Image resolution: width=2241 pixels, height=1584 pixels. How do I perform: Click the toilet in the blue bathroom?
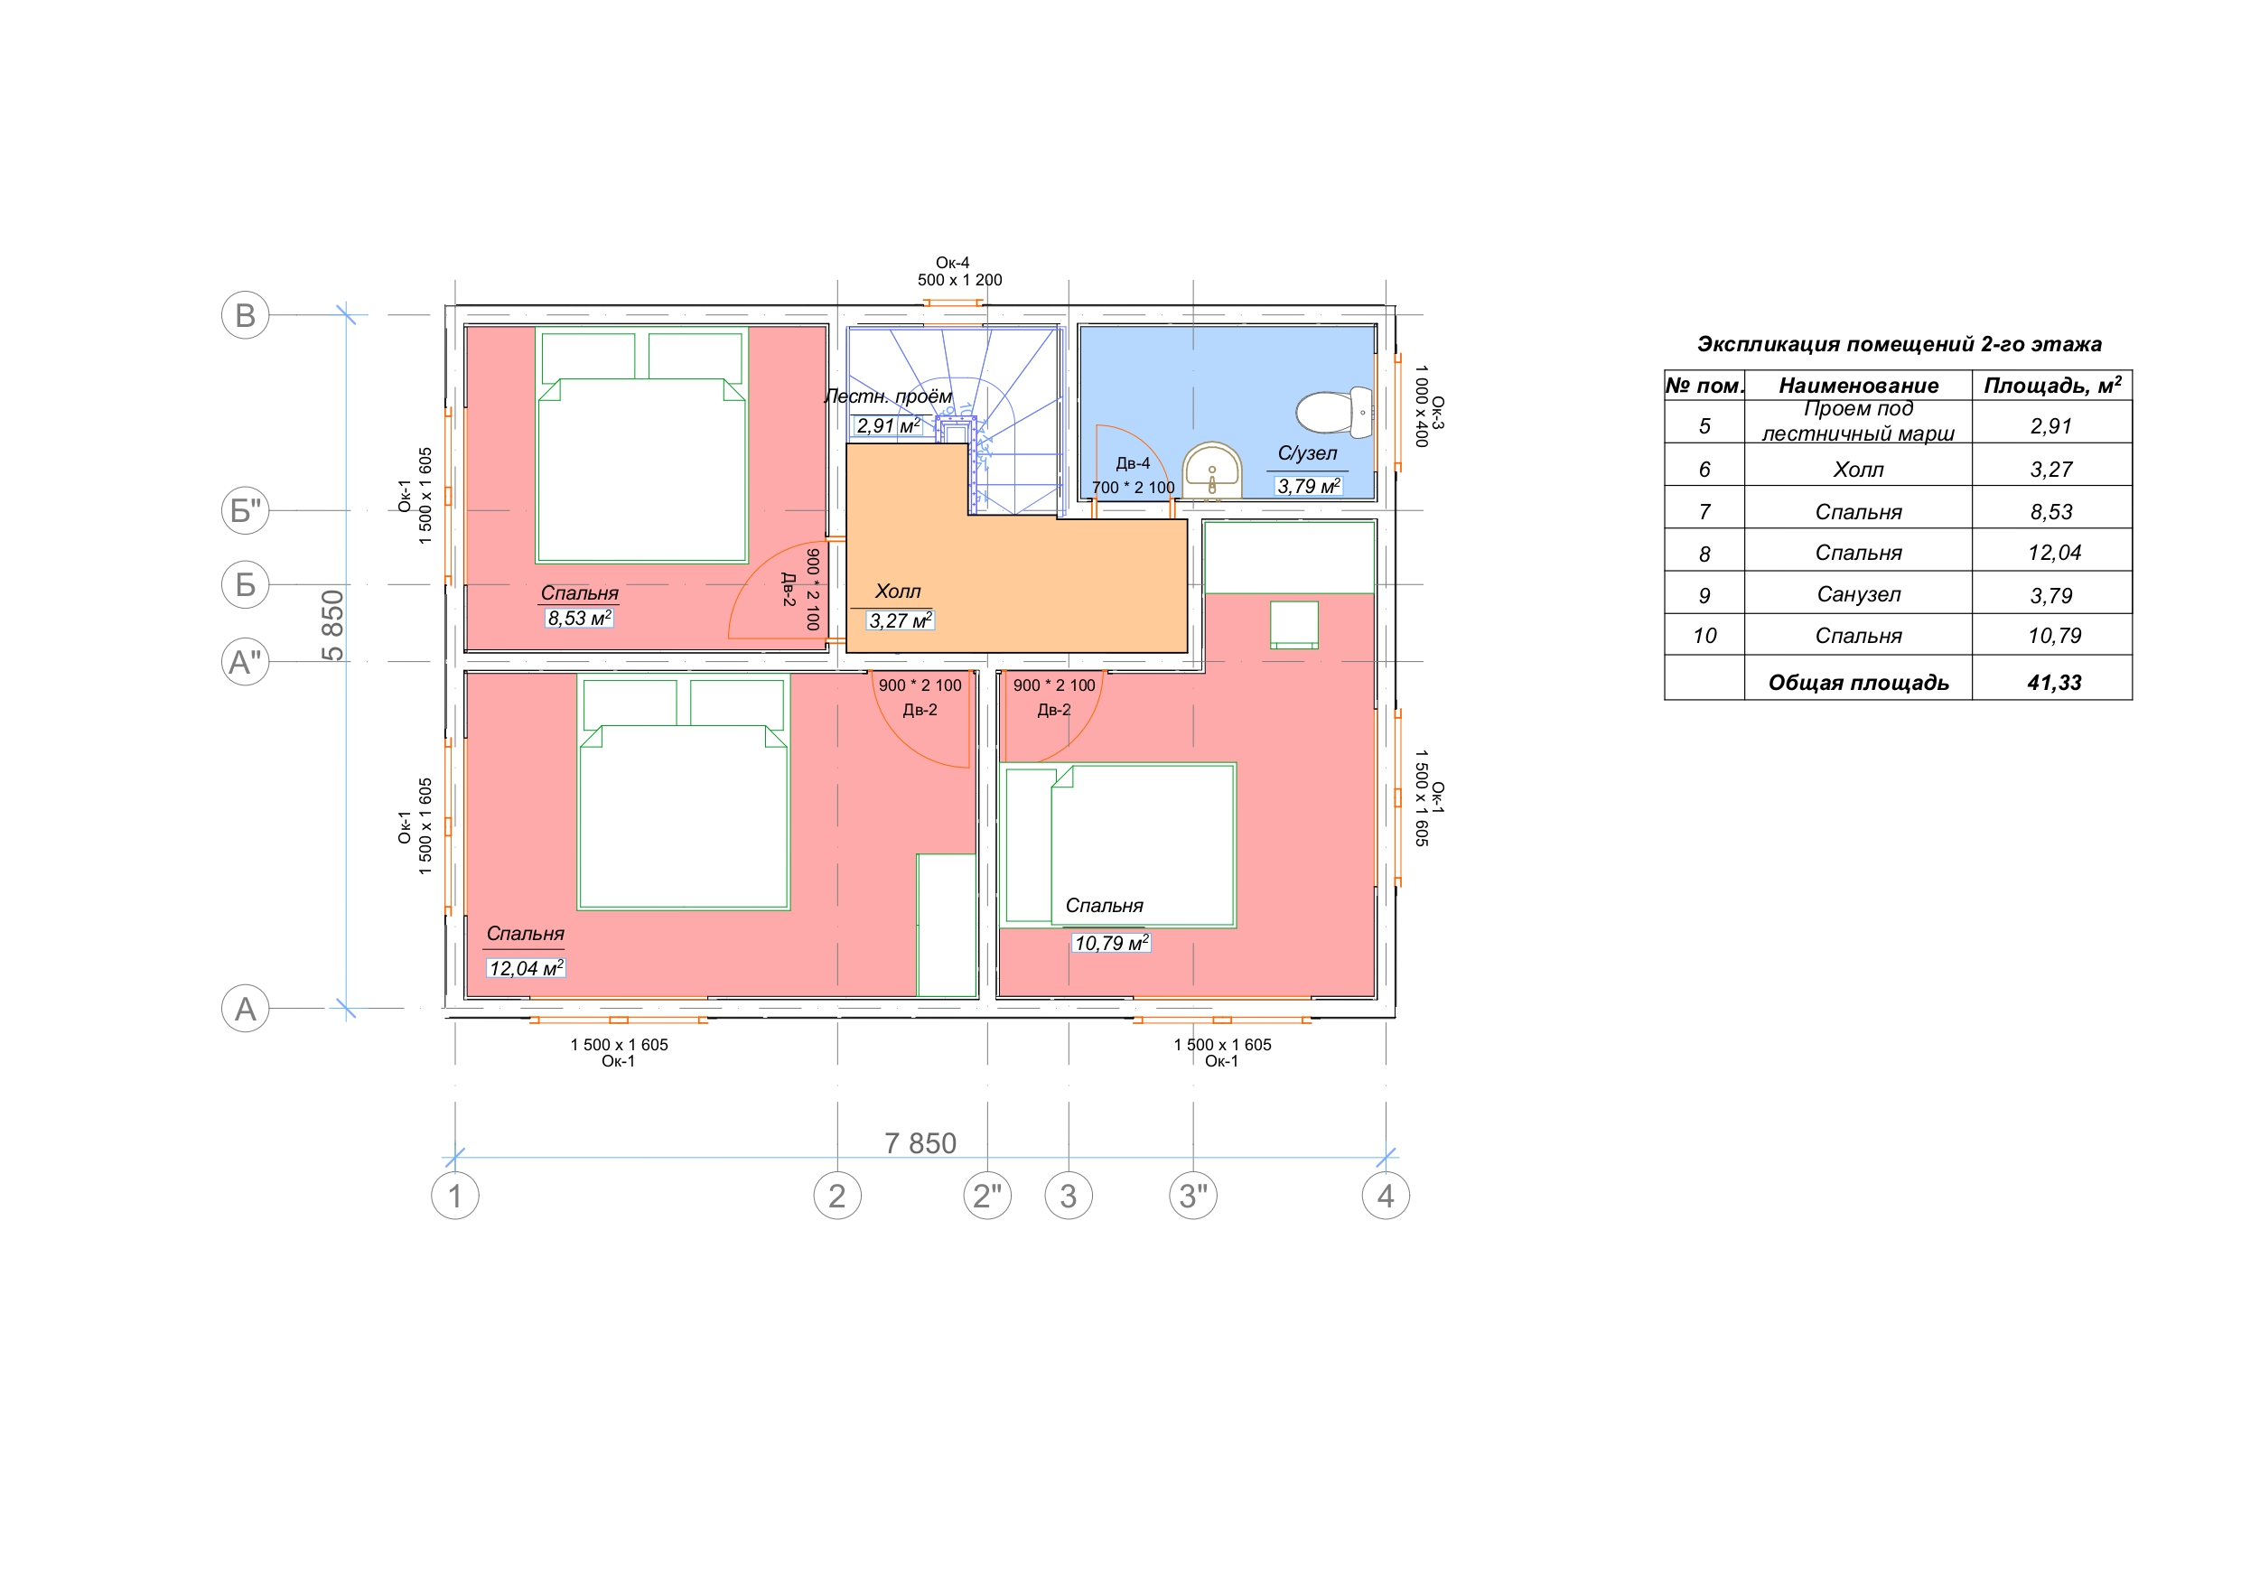[x=1334, y=412]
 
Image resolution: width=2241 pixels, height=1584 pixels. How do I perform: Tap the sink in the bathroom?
[x=1212, y=471]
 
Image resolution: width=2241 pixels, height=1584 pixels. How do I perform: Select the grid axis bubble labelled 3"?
[x=1192, y=1196]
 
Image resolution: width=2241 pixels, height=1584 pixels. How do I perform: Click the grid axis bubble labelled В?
[x=245, y=315]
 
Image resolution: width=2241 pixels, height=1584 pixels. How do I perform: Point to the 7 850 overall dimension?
[x=920, y=1143]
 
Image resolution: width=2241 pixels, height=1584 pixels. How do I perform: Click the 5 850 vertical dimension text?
[x=332, y=626]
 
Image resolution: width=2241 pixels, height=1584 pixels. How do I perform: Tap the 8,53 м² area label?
[x=580, y=618]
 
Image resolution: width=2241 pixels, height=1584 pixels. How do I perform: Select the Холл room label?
[x=897, y=592]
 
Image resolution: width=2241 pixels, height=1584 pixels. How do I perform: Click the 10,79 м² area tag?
[x=1111, y=943]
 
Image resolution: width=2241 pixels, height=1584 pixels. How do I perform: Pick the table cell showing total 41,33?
[x=2054, y=682]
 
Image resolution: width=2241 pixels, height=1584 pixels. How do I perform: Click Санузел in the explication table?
[x=1858, y=594]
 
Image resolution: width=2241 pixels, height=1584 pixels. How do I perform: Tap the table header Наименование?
[x=1858, y=386]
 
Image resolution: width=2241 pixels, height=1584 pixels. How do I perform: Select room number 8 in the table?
[x=1704, y=554]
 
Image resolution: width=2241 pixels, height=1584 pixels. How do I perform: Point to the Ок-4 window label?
[x=953, y=263]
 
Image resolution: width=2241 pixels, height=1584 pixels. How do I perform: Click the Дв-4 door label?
[x=1134, y=463]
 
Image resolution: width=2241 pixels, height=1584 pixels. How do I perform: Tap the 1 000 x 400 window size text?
[x=1421, y=406]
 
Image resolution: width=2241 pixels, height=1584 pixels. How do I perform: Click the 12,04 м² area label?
[x=526, y=968]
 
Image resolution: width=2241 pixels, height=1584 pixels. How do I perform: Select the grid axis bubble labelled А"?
[x=245, y=662]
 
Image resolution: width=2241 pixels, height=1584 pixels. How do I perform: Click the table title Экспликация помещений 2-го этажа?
[x=1899, y=343]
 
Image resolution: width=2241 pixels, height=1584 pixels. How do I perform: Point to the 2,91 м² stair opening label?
[x=888, y=425]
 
